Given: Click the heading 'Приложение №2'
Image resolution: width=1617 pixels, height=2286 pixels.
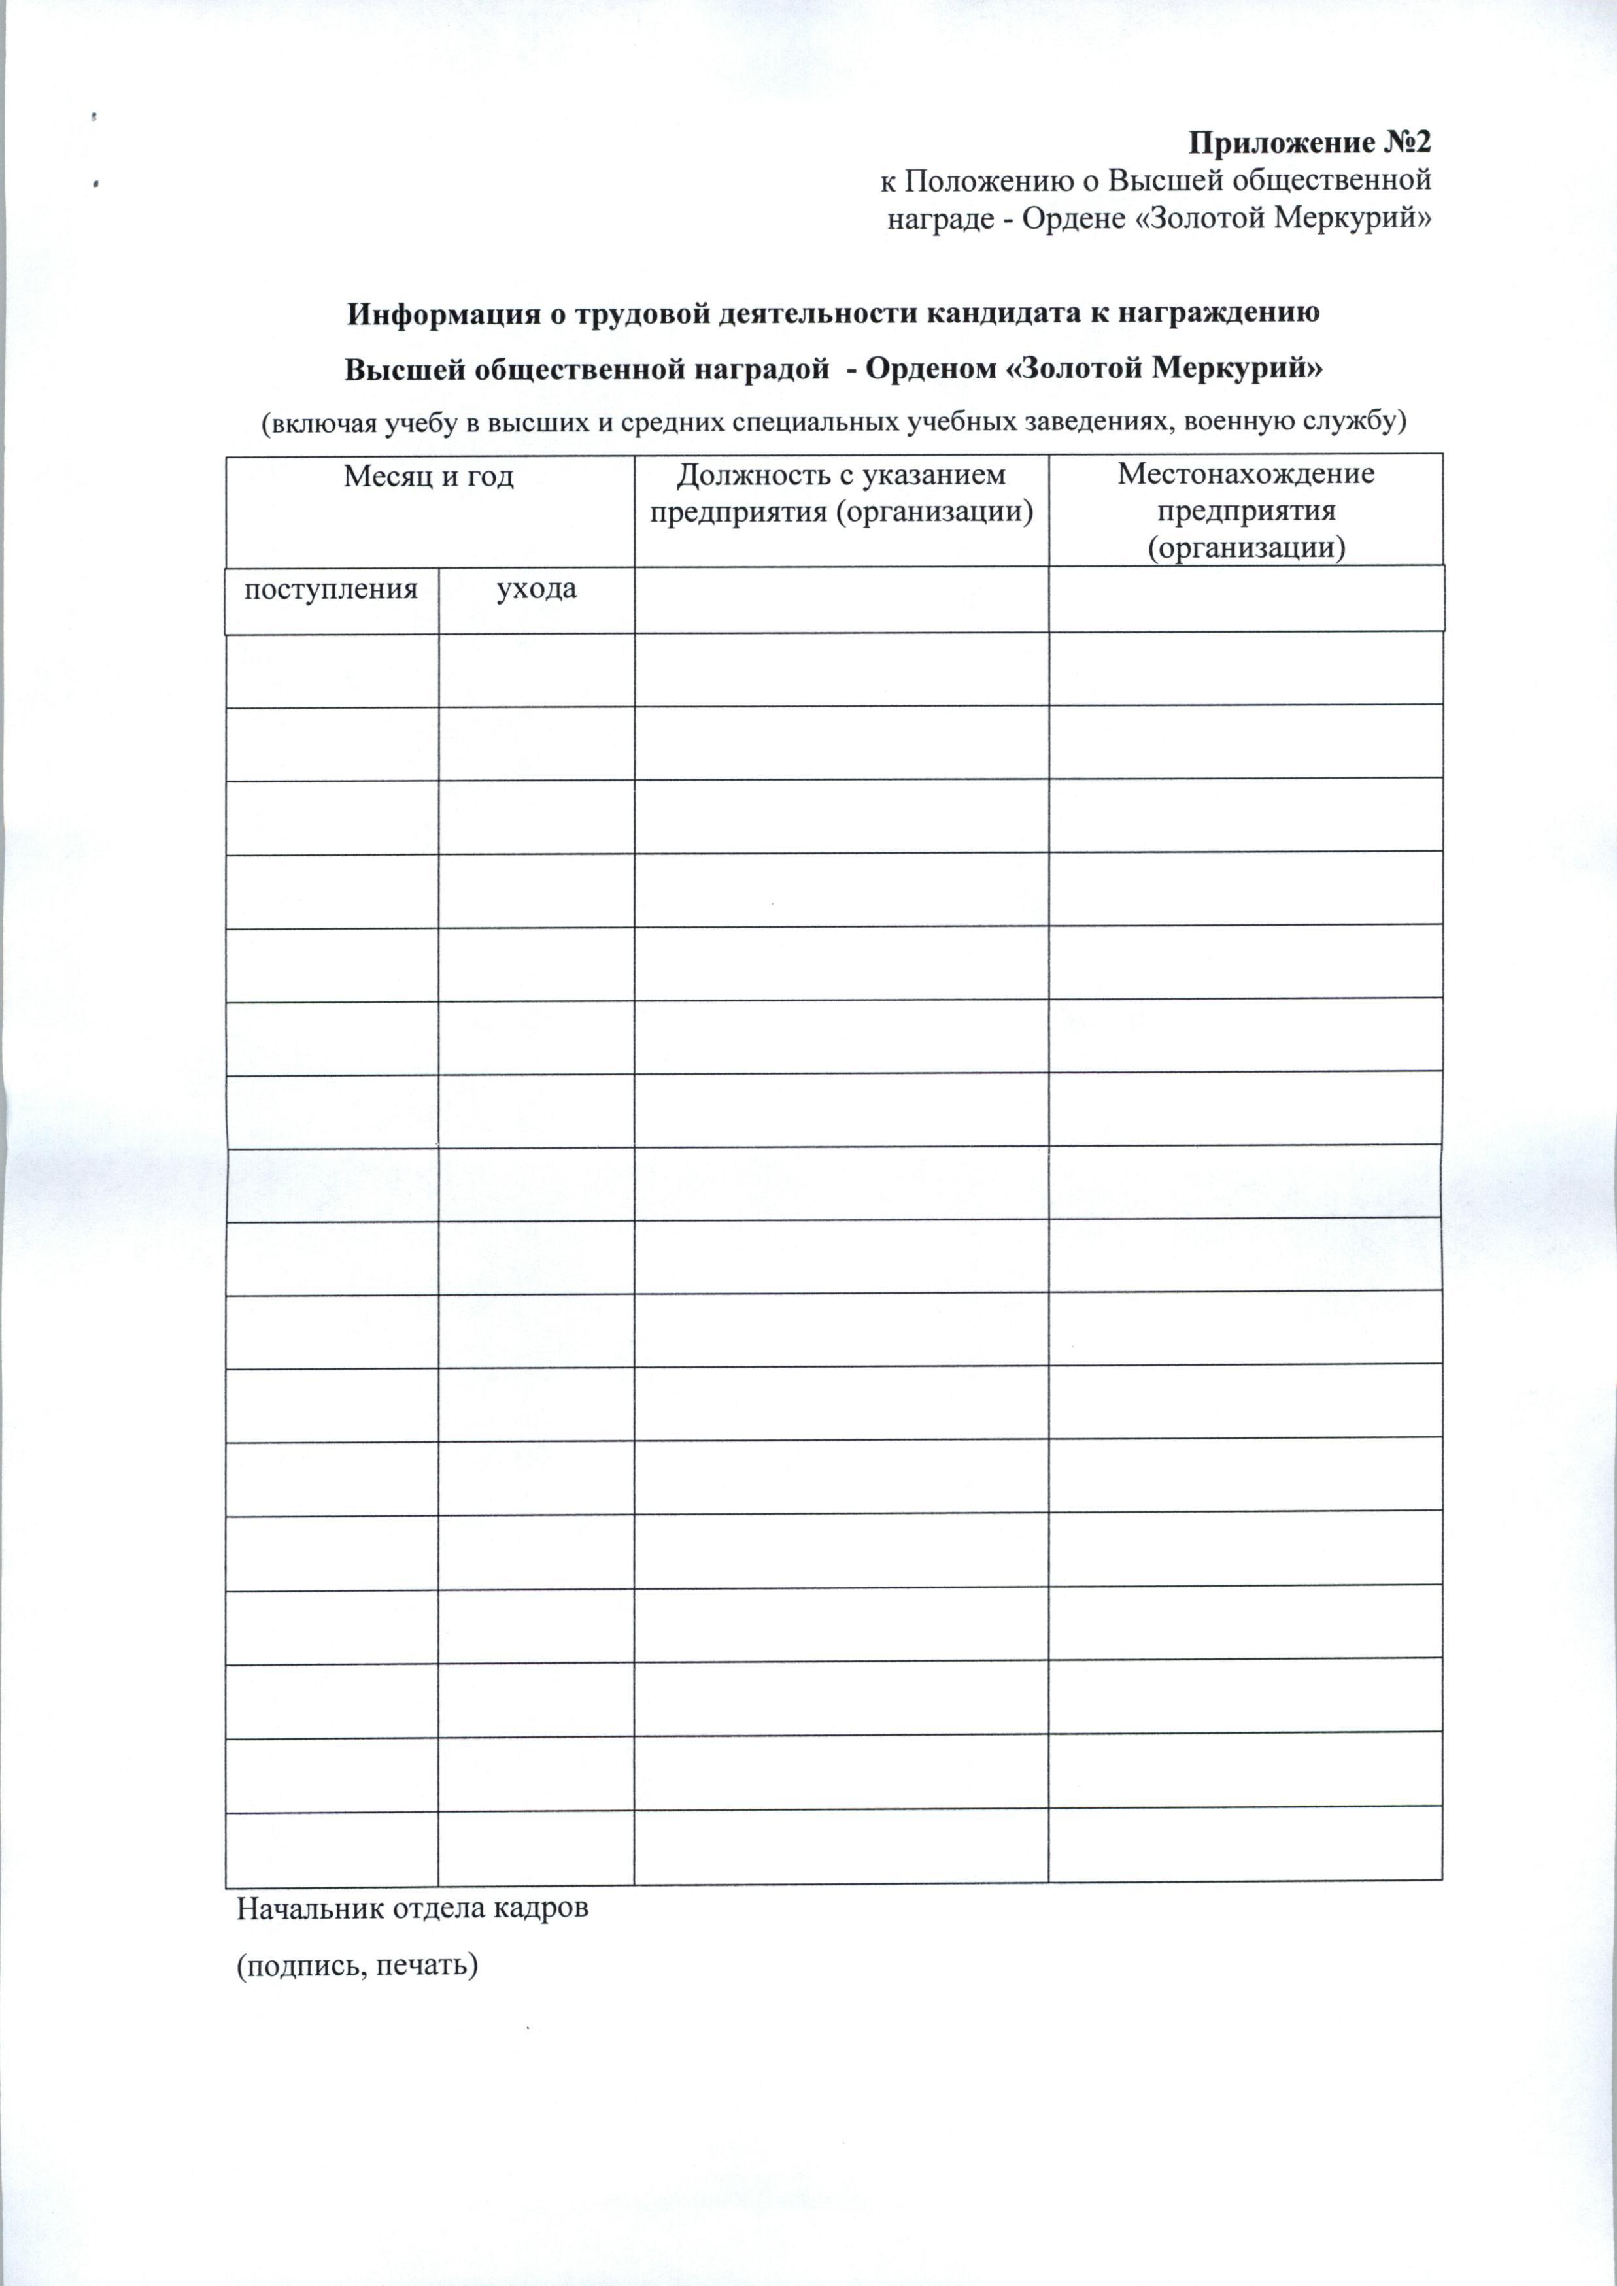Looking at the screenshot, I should click(x=1310, y=143).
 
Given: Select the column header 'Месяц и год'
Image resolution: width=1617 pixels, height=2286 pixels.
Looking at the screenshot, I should click(x=429, y=477).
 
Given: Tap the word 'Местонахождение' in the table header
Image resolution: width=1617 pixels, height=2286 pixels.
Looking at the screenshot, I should click(x=1246, y=473).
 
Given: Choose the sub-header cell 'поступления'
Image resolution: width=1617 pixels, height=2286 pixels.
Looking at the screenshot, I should click(x=332, y=590).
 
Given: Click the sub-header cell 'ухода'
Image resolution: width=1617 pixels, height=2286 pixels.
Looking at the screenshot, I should click(x=537, y=590).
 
